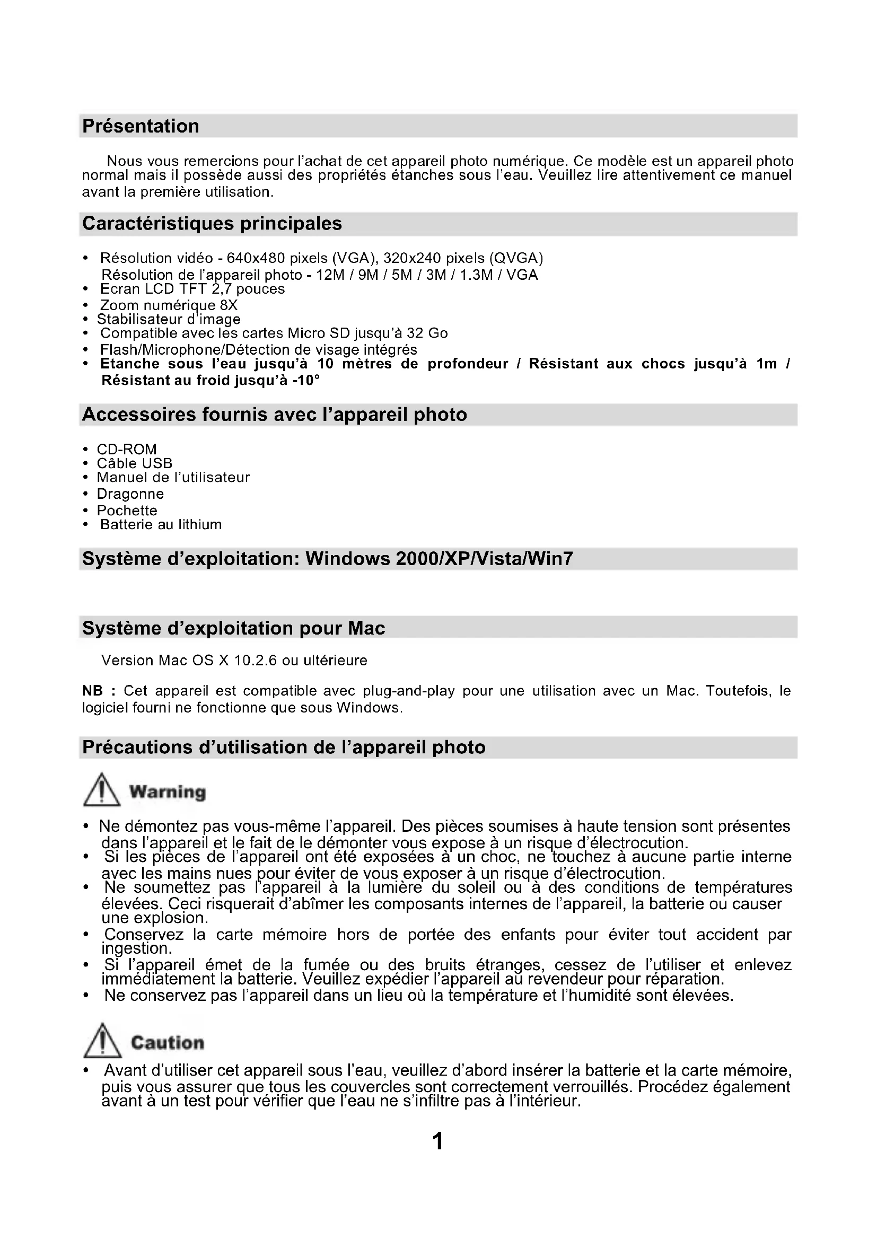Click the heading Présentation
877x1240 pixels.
tap(141, 126)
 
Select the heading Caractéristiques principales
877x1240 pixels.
tap(212, 224)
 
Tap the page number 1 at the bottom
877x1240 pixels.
tap(438, 1141)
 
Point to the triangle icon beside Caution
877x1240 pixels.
tap(102, 1041)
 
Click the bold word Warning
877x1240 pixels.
tap(168, 792)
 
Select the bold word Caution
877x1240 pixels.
tap(168, 1042)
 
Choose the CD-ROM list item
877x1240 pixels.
tap(126, 450)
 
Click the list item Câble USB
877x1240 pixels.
tap(135, 463)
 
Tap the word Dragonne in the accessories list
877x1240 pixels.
tap(130, 494)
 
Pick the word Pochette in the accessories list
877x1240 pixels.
tap(127, 511)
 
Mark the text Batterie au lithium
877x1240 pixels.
tap(161, 524)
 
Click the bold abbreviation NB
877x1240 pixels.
tap(92, 691)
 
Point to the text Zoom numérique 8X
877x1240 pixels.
tap(169, 306)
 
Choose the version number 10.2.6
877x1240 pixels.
tap(256, 661)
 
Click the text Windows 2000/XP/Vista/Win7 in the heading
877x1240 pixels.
tap(439, 558)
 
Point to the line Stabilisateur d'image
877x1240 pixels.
tap(169, 319)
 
